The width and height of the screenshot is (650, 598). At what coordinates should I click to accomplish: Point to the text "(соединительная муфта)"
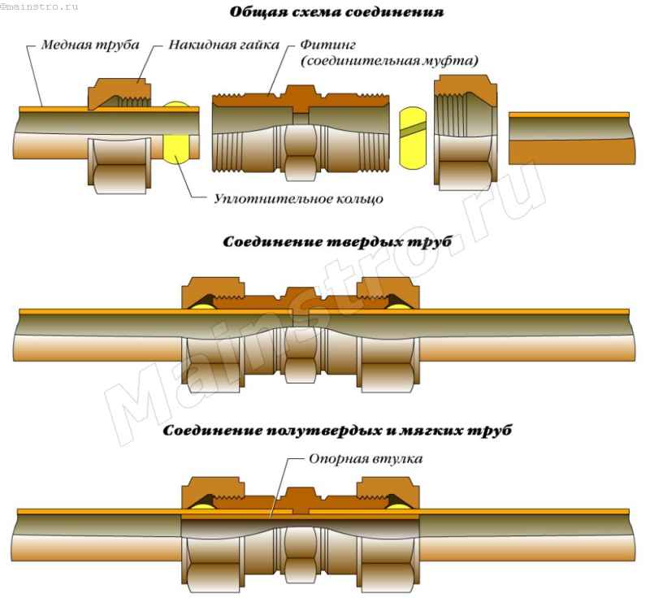(388, 61)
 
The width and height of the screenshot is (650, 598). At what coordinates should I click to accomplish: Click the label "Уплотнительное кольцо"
(297, 197)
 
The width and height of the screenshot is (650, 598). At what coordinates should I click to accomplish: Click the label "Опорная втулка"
(366, 459)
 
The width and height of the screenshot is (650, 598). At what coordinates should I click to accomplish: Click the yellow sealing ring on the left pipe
(177, 134)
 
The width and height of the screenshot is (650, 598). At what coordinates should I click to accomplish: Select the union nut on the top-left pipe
(120, 134)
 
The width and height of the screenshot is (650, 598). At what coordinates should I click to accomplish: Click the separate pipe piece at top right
(569, 138)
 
